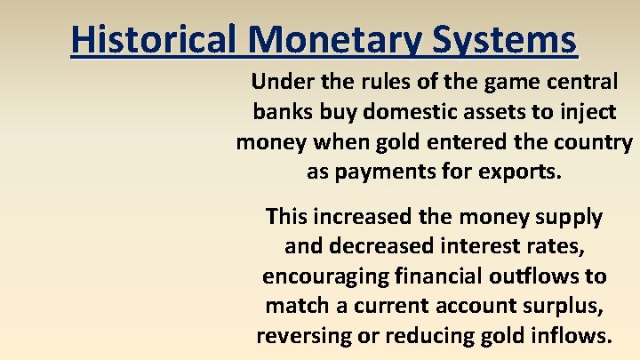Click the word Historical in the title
(x=156, y=39)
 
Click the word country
(x=596, y=142)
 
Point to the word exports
(x=519, y=172)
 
